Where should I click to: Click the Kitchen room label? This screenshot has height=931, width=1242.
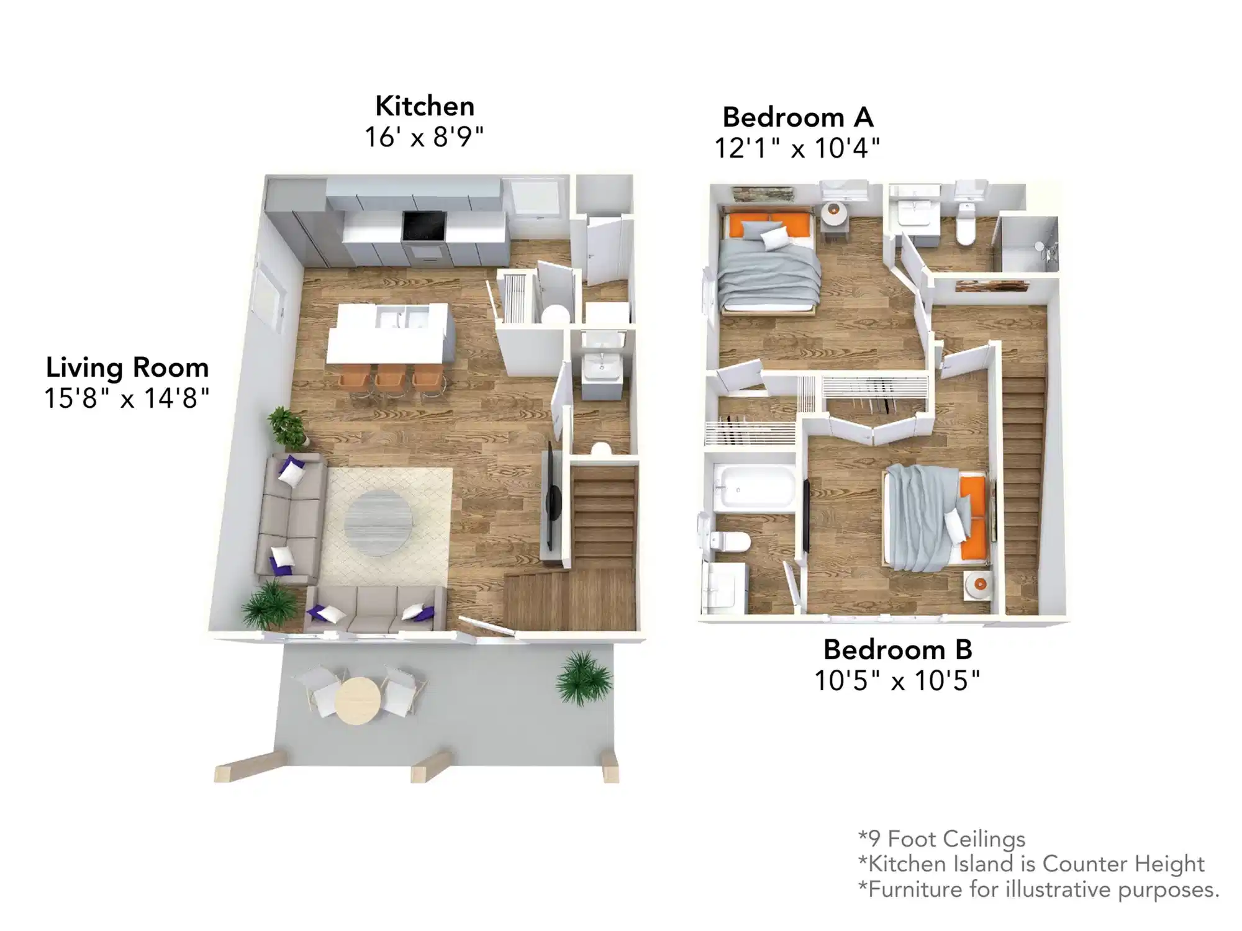coord(425,106)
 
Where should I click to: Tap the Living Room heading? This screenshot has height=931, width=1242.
coord(127,367)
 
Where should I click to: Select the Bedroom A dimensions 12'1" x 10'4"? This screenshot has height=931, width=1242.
coord(797,148)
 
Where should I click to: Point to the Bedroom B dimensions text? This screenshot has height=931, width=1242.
coord(897,681)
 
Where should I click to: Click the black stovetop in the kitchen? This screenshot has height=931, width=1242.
coord(424,225)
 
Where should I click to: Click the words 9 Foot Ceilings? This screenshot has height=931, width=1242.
coord(941,839)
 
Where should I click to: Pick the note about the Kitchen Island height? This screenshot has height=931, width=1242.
coord(1031,863)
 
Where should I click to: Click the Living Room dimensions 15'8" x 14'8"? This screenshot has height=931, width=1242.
coord(127,398)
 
